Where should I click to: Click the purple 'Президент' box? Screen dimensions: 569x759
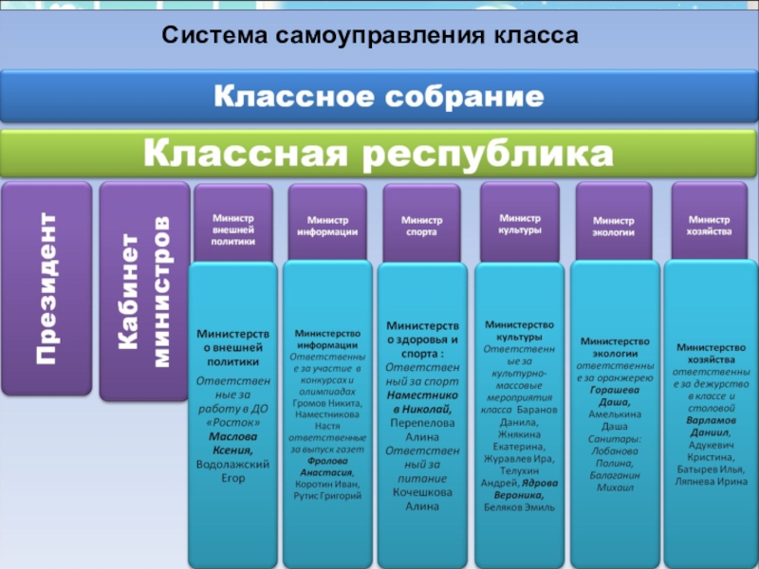(x=46, y=288)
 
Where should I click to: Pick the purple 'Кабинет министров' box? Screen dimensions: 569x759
(x=144, y=288)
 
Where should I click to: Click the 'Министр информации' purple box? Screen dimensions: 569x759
(x=327, y=226)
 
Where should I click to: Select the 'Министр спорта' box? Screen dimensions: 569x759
(x=420, y=226)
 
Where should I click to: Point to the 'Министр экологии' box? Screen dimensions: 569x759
(x=614, y=226)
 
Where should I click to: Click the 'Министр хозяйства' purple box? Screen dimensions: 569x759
(x=710, y=225)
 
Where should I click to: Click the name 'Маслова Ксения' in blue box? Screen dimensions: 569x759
(x=233, y=443)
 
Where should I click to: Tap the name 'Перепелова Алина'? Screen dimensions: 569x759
(x=421, y=431)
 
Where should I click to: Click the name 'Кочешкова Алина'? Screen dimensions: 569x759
(x=421, y=499)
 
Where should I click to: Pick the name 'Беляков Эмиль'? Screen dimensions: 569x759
(x=518, y=507)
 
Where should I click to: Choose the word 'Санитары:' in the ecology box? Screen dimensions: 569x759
(x=614, y=438)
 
